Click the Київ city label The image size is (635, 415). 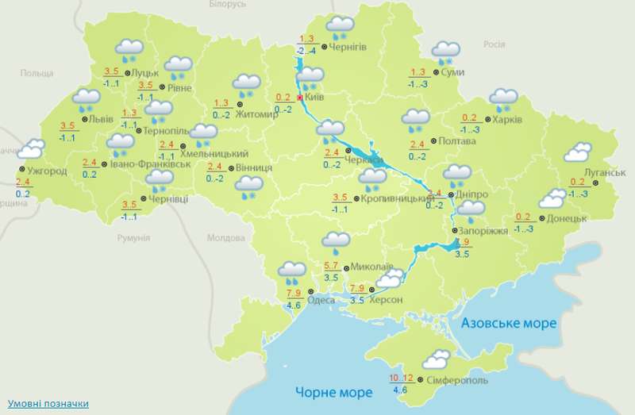pyautogui.click(x=315, y=98)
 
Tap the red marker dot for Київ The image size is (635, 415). pyautogui.click(x=300, y=98)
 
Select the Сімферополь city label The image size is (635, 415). pyautogui.click(x=456, y=381)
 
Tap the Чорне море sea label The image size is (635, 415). pyautogui.click(x=333, y=393)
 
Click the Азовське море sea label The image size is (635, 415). pyautogui.click(x=509, y=324)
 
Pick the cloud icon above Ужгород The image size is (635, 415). pyautogui.click(x=32, y=148)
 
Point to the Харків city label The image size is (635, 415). pyautogui.click(x=506, y=120)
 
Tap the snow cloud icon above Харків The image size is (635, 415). pyautogui.click(x=502, y=99)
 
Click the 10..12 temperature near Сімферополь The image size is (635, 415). pyautogui.click(x=402, y=376)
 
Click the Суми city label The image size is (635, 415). pyautogui.click(x=453, y=73)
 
